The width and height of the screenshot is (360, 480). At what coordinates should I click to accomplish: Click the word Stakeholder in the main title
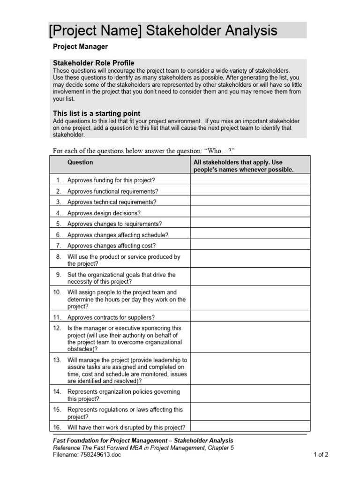point(187,31)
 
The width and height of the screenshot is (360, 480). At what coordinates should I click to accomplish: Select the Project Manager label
point(80,47)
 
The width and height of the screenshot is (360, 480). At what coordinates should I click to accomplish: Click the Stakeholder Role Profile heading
point(93,63)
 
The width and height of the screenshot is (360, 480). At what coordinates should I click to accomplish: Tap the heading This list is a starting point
point(96,113)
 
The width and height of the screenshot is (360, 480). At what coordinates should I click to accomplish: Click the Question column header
point(80,162)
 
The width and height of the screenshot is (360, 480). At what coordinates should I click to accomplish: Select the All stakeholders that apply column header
point(243,166)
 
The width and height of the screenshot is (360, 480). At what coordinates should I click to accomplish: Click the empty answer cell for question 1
point(250,179)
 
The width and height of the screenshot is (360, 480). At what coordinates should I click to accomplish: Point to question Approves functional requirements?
point(112,191)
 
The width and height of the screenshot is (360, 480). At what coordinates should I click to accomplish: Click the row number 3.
point(59,202)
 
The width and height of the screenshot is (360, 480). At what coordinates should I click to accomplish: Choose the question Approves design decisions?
point(104,213)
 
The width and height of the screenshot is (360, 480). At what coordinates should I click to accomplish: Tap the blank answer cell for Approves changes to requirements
point(250,224)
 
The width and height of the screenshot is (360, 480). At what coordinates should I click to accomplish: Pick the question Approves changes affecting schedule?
point(118,235)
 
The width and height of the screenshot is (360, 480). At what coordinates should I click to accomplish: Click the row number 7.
point(59,246)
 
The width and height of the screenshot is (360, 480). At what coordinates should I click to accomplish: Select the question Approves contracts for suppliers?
point(111,317)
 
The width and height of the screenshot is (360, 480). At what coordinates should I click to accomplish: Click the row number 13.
point(57,360)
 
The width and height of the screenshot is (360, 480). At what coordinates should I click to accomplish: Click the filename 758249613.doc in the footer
point(100,455)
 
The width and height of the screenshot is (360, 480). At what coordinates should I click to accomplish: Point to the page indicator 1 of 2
point(321,455)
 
